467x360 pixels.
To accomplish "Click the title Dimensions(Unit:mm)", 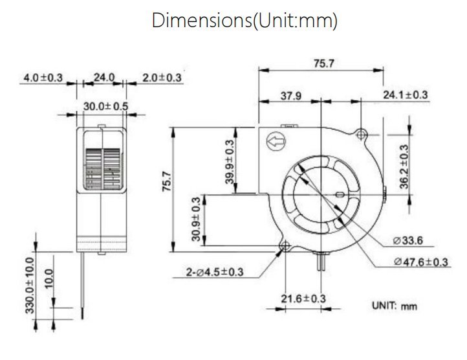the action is (244, 21).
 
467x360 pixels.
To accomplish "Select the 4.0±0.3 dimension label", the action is (43, 78).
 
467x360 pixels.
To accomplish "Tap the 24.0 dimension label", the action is (104, 78).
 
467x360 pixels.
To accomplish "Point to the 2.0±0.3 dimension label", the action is (162, 78).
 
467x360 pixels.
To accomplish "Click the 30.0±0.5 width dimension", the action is (105, 106).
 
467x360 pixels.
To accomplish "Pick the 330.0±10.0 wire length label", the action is (30, 286).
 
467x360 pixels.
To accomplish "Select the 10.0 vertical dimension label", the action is (49, 278).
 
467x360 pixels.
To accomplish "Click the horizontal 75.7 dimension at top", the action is (324, 63).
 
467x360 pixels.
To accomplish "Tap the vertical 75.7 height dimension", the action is (167, 181).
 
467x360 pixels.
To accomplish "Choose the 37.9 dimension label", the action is (291, 96).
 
